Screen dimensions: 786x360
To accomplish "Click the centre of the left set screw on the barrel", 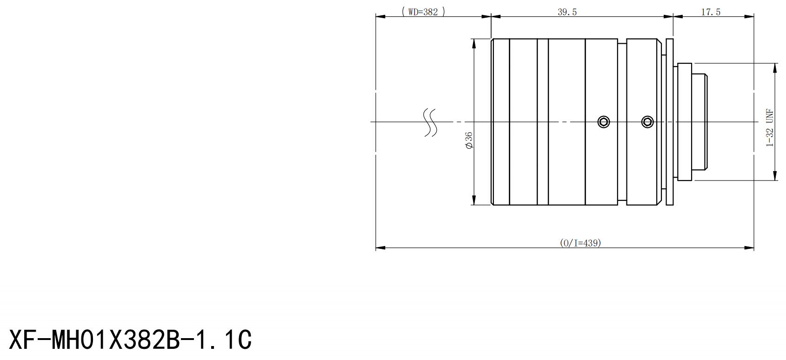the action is click(604, 122).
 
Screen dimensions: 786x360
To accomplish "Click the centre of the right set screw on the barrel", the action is click(647, 122).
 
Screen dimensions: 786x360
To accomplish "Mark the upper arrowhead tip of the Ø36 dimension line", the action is click(474, 39).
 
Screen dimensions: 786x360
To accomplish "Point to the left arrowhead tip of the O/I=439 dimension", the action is click(376, 248).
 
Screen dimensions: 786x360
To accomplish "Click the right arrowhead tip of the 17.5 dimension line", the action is click(754, 16).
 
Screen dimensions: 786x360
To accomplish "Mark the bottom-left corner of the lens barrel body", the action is click(491, 205).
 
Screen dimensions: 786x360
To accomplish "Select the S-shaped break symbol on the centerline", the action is click(430, 122).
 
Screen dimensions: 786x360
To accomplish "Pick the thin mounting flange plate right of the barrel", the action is click(670, 122).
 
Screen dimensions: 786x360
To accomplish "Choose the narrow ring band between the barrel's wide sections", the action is click(543, 122).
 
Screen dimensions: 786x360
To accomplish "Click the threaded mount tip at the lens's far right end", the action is click(699, 122).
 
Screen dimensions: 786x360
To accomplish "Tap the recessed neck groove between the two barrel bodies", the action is click(622, 122).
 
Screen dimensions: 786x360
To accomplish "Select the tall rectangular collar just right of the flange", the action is click(685, 122).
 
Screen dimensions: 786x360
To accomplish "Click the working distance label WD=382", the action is click(423, 12).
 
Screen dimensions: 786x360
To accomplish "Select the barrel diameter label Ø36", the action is click(469, 140).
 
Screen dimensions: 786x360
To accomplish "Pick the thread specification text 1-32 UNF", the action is click(770, 128).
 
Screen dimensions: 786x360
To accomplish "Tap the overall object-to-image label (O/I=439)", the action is click(580, 243).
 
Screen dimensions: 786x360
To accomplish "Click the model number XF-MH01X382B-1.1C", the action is click(130, 340).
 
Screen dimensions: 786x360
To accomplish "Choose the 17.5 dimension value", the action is click(711, 12).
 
